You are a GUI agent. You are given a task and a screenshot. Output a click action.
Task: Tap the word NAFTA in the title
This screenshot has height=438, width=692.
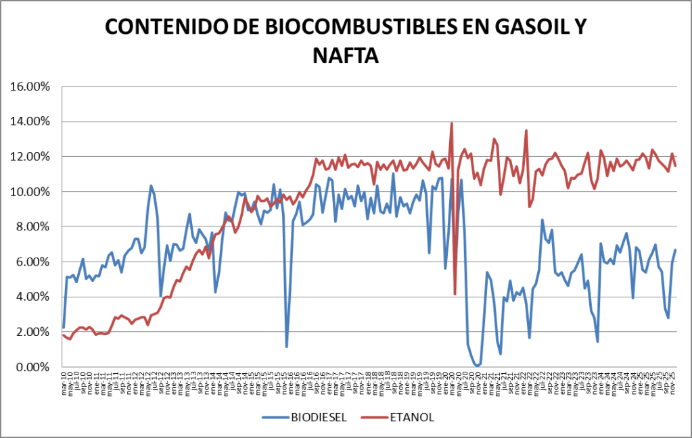pos(346,55)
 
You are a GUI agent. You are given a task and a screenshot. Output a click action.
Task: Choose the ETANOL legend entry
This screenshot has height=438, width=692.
pos(411,416)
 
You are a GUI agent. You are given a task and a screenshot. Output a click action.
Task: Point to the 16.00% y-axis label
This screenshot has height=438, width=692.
pos(31,87)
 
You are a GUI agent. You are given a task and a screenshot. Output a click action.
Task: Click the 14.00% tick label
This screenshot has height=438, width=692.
pos(31,122)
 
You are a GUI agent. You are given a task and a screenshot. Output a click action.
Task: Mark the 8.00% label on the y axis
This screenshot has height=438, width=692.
pos(34,227)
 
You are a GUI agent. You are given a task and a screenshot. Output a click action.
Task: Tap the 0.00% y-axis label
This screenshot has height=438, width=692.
pos(34,367)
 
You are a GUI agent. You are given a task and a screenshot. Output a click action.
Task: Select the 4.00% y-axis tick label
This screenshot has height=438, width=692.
pos(34,297)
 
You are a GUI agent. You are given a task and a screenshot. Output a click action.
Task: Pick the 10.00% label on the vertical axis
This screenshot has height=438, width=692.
pos(31,192)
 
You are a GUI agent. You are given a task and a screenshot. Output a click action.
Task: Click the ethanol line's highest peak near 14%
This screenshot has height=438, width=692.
pos(451,123)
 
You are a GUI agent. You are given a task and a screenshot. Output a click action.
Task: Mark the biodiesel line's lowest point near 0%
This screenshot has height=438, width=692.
pos(478,366)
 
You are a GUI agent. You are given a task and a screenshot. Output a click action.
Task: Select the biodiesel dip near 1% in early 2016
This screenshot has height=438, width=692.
pos(287,347)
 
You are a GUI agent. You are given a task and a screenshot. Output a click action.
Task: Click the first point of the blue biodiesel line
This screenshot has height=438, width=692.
pos(63,328)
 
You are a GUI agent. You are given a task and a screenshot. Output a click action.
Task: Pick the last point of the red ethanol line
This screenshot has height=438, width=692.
pos(675,166)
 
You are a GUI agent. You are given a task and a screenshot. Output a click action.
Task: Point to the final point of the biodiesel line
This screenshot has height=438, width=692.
pos(675,250)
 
